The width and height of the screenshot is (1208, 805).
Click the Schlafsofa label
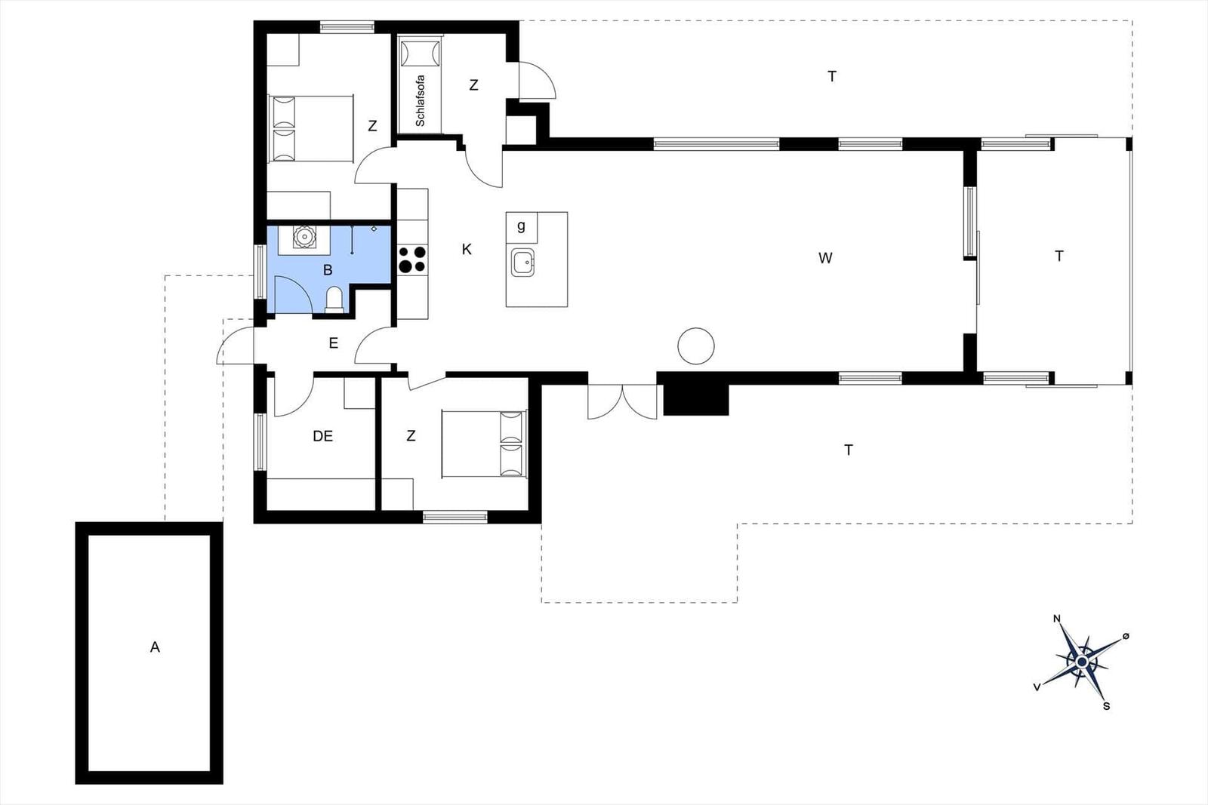tap(420, 101)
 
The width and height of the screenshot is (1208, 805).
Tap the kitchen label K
tap(467, 249)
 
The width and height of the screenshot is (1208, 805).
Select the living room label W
tap(825, 258)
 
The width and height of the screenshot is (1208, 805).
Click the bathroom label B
tap(328, 270)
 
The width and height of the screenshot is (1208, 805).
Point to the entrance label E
tap(333, 343)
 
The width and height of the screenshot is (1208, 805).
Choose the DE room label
tap(322, 436)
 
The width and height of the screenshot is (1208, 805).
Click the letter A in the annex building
tap(155, 647)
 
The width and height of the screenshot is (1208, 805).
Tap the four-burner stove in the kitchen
tap(412, 260)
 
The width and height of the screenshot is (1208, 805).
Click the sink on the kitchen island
tap(522, 263)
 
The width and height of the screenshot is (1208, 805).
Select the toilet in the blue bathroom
tap(334, 300)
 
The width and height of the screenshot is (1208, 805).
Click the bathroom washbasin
tap(304, 237)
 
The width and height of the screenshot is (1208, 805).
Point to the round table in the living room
tap(695, 346)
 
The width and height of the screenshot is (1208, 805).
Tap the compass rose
tap(1082, 662)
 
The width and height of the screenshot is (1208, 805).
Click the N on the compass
tap(1057, 619)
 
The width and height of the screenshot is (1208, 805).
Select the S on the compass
tap(1106, 706)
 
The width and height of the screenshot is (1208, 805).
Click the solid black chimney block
tap(695, 399)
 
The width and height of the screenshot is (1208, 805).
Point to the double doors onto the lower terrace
tap(622, 401)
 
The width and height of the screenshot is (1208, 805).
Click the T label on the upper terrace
tap(831, 76)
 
